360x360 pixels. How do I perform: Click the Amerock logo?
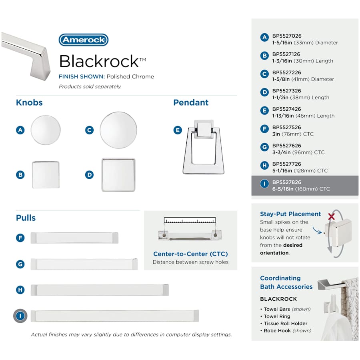[84, 40]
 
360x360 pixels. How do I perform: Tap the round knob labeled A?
[46, 130]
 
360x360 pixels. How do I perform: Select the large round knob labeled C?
[118, 130]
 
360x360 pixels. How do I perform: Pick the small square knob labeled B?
[46, 175]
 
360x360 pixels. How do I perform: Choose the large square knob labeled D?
[118, 175]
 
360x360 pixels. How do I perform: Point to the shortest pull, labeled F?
[74, 238]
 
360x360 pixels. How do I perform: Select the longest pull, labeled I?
[115, 316]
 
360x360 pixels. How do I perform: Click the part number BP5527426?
[286, 109]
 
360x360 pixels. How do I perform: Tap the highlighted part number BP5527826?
[286, 182]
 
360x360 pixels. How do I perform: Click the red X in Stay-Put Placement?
[331, 217]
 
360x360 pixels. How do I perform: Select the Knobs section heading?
[29, 102]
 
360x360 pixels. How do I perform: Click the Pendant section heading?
[191, 102]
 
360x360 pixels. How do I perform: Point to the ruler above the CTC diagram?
[190, 220]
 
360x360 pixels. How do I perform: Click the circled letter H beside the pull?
[20, 290]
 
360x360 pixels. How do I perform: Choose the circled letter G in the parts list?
[264, 147]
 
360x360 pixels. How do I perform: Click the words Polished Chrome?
[130, 76]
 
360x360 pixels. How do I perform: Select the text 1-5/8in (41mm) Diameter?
[303, 79]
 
